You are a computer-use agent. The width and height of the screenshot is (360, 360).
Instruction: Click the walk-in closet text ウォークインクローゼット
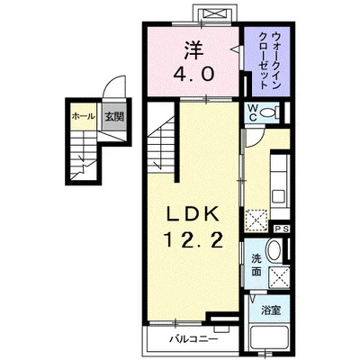266,57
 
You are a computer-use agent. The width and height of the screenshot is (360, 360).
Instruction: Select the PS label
280,229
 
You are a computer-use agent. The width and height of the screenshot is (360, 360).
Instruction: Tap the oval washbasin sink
276,253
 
